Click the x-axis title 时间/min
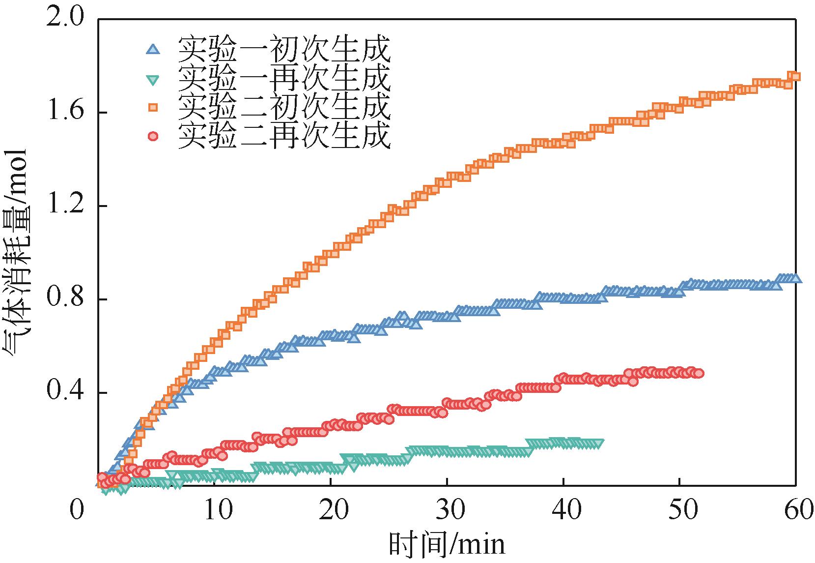pyautogui.click(x=447, y=545)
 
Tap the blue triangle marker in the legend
pyautogui.click(x=153, y=49)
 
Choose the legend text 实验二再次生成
pyautogui.click(x=284, y=136)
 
